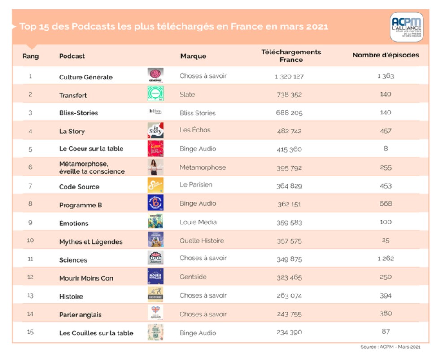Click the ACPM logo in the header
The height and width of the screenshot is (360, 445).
pos(406,27)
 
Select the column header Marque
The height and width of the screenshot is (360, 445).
pos(193,56)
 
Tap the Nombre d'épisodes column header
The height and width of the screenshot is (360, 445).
pos(385,55)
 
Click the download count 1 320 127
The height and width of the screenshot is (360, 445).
pos(289,76)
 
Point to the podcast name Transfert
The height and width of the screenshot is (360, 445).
pos(73,95)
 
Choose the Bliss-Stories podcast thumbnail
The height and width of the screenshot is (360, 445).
pos(155,112)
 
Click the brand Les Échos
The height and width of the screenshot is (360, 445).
pos(195,130)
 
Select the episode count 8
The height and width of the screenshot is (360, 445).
pos(386,149)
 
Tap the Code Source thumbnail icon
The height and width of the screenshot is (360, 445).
pos(155,185)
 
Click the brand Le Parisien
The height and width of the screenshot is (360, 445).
pos(196,184)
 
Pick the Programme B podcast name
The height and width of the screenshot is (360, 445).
pos(81,205)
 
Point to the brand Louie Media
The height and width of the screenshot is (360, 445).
pos(198,222)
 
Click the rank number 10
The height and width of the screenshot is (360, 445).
pos(30,240)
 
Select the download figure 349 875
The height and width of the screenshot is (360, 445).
pos(289,259)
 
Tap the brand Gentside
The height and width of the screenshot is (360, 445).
pos(193,277)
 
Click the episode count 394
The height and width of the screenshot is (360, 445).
pos(385,295)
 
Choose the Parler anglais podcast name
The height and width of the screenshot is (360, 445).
pos(80,315)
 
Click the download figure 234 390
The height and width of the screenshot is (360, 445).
pos(289,332)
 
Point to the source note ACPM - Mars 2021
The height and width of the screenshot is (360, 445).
pos(391,347)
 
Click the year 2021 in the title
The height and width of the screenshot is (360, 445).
pos(314,26)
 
